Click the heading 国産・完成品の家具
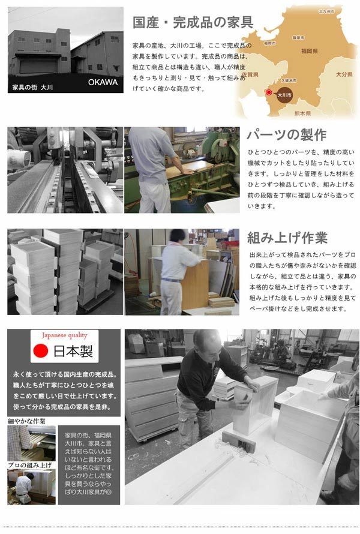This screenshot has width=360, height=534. tap(192, 23)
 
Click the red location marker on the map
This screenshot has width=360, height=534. tap(269, 92)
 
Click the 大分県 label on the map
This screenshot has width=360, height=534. tap(344, 74)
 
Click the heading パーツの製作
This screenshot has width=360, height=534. tap(287, 134)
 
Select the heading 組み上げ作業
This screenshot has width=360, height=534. tap(288, 238)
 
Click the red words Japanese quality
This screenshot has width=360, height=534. tap(64, 335)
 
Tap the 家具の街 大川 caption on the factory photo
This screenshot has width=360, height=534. tap(33, 87)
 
